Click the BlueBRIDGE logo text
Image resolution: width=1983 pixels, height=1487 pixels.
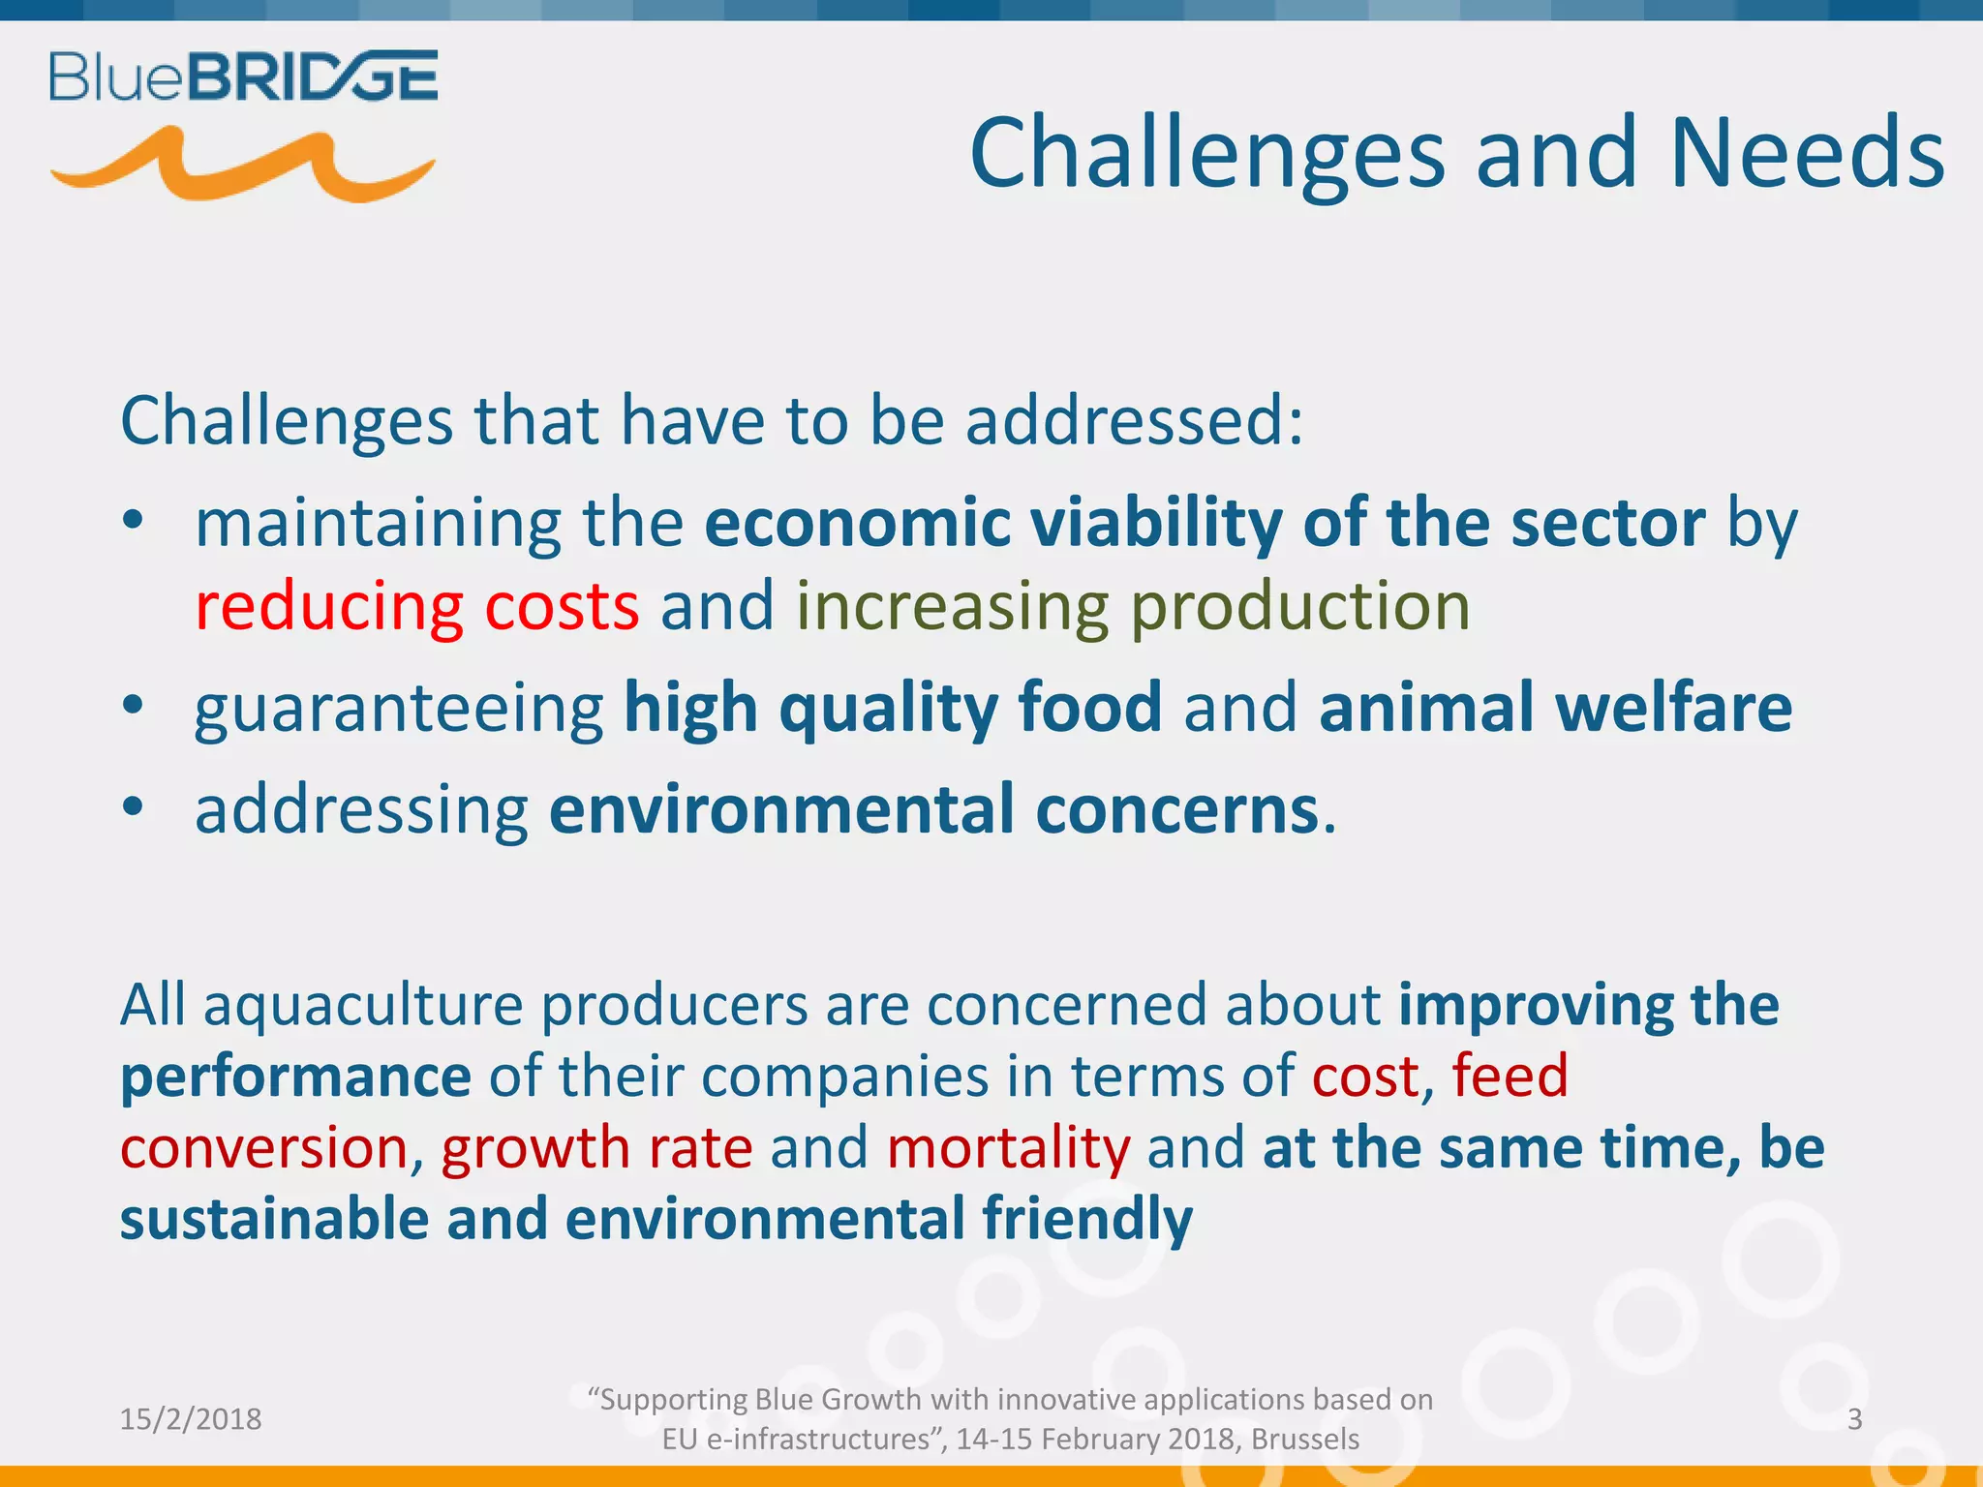243,76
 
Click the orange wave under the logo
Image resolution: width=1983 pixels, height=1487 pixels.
242,167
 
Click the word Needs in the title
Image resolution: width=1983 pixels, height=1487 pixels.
1807,154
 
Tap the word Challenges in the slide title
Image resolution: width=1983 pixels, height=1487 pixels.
1206,154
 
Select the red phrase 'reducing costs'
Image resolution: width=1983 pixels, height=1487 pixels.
416,607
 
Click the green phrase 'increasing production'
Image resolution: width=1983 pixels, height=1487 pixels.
1133,607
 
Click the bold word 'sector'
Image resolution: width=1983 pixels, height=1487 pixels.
1607,524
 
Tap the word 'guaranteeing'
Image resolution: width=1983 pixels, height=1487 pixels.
399,709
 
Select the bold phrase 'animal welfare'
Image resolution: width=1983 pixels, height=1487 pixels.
1555,707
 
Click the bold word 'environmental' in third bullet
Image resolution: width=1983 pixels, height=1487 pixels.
781,809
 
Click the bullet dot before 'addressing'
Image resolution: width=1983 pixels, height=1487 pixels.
133,806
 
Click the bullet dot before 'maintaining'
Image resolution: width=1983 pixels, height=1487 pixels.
133,522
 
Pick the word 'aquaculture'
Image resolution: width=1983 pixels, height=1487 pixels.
363,1005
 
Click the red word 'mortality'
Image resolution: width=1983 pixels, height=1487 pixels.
1008,1148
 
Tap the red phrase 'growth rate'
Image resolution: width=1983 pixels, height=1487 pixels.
596,1148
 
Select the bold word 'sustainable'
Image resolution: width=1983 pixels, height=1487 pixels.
274,1219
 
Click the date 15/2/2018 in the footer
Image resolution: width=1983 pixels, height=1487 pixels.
191,1419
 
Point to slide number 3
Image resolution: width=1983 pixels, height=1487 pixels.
1854,1419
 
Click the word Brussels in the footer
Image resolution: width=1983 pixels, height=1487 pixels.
1304,1440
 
